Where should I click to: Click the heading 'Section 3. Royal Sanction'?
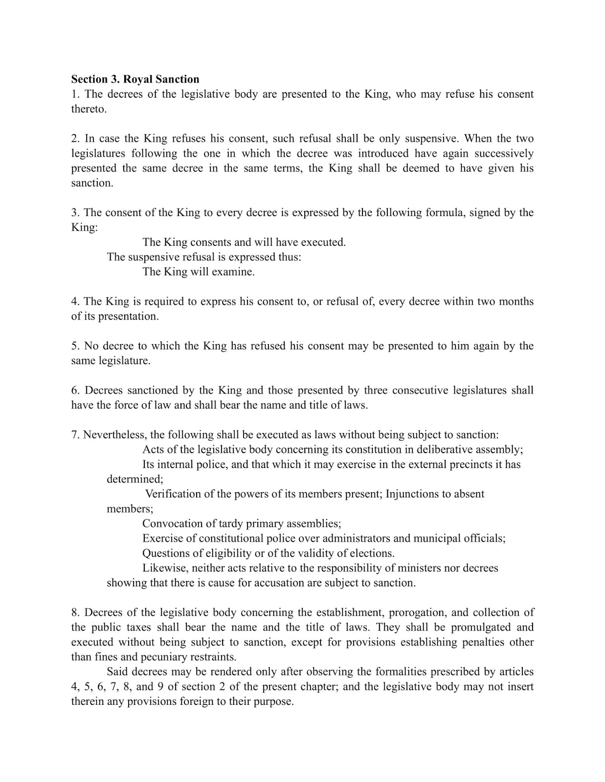click(135, 79)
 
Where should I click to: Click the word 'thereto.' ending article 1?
click(89, 109)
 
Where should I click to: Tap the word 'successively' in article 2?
click(504, 153)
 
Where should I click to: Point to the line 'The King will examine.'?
click(198, 272)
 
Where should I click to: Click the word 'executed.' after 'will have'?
click(323, 242)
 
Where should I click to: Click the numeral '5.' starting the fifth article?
click(75, 346)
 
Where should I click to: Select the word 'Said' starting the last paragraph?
click(117, 672)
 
